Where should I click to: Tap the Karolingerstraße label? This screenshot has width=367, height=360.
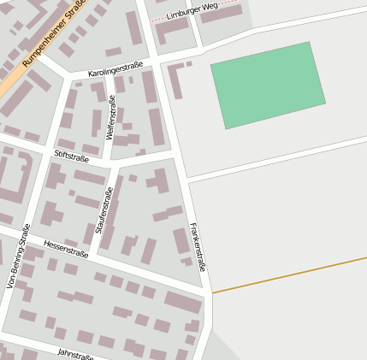[x=115, y=68]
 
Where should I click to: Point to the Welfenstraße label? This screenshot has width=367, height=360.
[x=110, y=119]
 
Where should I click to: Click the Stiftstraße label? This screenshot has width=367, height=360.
[x=71, y=156]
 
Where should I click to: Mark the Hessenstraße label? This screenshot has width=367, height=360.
[x=66, y=248]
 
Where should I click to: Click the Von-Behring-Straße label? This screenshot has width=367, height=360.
[x=18, y=257]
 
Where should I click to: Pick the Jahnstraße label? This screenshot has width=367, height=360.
[x=75, y=352]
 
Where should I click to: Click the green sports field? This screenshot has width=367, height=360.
[x=267, y=84]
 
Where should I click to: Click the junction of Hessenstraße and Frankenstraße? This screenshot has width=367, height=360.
[x=207, y=293]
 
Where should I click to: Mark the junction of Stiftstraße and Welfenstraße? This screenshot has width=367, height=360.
[x=107, y=161]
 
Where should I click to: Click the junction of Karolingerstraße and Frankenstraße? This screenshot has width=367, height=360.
[x=160, y=57]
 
